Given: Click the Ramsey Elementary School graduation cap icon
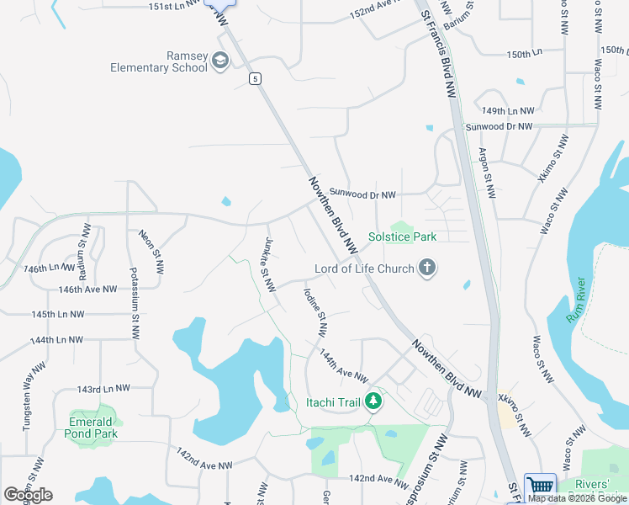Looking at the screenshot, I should coord(221,61).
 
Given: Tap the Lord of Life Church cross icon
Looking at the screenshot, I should coord(427,268).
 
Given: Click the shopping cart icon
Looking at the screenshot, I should coord(540,486).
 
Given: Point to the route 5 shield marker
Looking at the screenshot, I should coord(254,78).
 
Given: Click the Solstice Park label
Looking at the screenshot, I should coord(403,237).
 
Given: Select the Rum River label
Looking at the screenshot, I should coord(578,301).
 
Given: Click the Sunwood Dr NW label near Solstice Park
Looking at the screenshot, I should coord(362,194).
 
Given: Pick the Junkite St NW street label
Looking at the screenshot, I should coord(267,264).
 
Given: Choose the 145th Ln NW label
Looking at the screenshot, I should coord(58,314).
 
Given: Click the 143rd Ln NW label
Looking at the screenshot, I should coord(103,389).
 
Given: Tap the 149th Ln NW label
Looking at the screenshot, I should coord(507,111).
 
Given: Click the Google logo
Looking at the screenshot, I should coord(28,495).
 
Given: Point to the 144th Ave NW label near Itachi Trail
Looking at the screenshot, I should coord(343,367).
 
